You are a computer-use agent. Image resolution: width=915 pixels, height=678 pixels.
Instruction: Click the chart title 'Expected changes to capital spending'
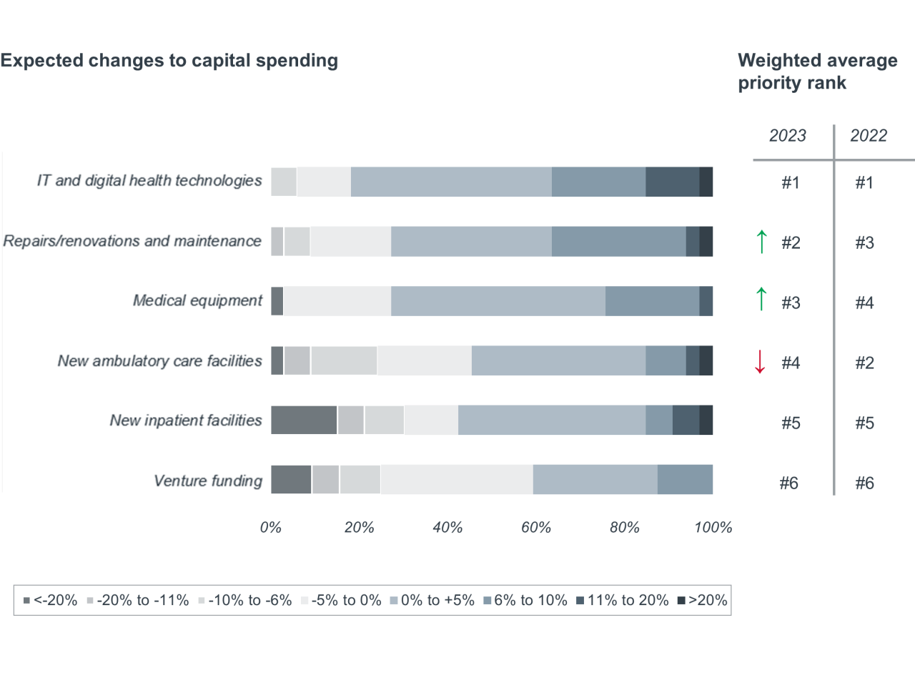click(169, 61)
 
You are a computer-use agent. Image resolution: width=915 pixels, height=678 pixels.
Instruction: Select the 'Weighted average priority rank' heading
click(817, 72)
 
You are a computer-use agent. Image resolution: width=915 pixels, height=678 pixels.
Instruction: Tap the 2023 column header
click(788, 136)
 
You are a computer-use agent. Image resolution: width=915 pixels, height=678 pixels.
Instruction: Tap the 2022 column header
click(869, 136)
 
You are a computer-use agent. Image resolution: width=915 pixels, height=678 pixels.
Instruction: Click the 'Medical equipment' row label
click(198, 300)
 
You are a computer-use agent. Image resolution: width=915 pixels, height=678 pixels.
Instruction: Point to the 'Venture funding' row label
click(209, 481)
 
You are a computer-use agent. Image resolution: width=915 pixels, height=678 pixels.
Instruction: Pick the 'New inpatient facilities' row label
click(186, 421)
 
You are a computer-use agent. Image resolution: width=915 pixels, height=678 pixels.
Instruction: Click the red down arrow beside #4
click(761, 363)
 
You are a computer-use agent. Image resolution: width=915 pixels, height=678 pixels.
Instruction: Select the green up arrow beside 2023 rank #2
click(761, 242)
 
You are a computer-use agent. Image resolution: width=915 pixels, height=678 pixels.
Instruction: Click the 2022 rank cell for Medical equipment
click(864, 303)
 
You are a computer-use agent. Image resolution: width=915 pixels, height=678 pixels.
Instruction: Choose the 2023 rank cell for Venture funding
click(788, 483)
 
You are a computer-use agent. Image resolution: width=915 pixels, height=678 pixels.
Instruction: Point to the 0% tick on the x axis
click(270, 529)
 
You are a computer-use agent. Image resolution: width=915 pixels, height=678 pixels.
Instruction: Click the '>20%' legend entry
click(702, 601)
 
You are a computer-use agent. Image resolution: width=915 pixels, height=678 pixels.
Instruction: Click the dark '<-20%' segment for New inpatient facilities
click(304, 420)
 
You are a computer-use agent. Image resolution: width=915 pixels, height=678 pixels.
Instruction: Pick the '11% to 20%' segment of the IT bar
click(672, 182)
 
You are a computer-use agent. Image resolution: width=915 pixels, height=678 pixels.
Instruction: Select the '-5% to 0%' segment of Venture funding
click(457, 479)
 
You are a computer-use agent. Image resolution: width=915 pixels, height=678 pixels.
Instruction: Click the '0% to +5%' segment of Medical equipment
click(498, 300)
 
